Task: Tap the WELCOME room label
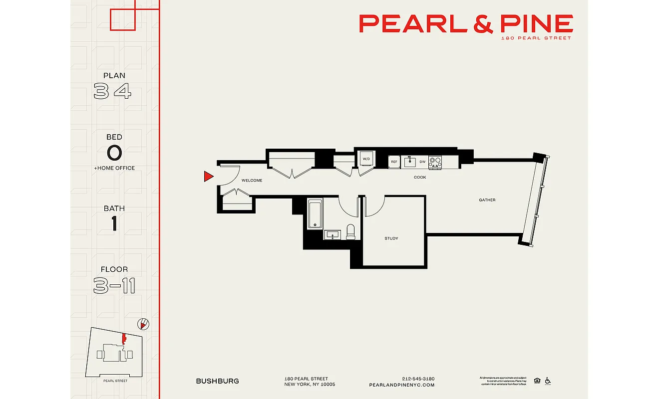252,181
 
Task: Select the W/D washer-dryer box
366,159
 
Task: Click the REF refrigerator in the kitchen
394,162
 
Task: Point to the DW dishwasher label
422,162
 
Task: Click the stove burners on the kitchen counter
435,162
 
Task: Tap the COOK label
420,177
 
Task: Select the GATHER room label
487,200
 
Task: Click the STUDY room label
391,238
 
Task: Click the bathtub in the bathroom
314,214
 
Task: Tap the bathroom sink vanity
332,234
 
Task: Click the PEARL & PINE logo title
466,23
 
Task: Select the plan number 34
113,91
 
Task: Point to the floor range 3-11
114,286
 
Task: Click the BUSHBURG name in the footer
217,381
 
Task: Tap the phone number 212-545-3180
418,379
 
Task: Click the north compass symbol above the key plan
143,325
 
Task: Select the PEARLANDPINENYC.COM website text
401,385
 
